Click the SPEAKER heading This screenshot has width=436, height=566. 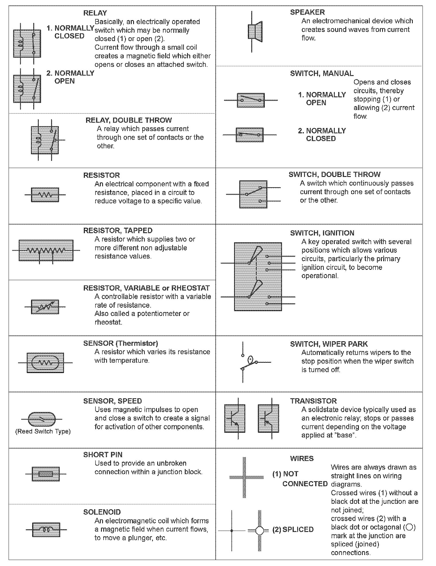click(307, 12)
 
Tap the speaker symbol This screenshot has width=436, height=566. click(254, 31)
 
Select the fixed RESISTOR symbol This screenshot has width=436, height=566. click(45, 195)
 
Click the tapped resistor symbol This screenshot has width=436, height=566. click(46, 250)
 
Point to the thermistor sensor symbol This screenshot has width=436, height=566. click(45, 363)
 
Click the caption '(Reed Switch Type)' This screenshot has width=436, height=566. click(43, 431)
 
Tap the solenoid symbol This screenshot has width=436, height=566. click(46, 529)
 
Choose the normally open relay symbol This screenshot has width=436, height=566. click(27, 89)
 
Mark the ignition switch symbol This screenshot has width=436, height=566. click(258, 277)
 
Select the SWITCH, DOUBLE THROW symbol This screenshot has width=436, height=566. click(253, 194)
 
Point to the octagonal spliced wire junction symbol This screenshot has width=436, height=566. click(259, 530)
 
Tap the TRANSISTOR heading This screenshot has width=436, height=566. click(313, 401)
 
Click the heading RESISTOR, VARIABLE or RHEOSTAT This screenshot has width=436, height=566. click(146, 288)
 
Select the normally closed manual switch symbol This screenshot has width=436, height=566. click(250, 135)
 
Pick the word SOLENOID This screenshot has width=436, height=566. click(102, 512)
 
